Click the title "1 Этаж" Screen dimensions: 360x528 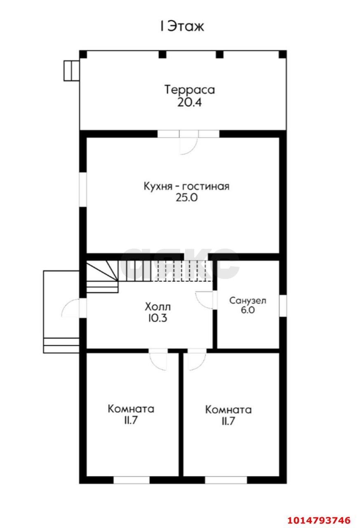(x=182, y=27)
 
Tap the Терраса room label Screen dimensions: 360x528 (x=190, y=90)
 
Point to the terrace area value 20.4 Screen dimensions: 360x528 (x=189, y=103)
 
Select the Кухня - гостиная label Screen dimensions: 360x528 (x=186, y=186)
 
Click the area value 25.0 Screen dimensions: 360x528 (x=186, y=198)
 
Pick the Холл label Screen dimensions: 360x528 (x=158, y=307)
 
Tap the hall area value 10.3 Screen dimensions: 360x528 (x=158, y=318)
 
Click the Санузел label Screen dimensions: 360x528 (x=247, y=301)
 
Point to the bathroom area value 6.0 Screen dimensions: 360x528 (x=248, y=310)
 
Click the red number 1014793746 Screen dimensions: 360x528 (x=319, y=520)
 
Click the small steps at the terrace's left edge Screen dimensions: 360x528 (x=71, y=71)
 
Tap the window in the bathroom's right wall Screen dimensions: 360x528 (x=283, y=306)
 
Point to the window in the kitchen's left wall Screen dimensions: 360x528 (x=83, y=190)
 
